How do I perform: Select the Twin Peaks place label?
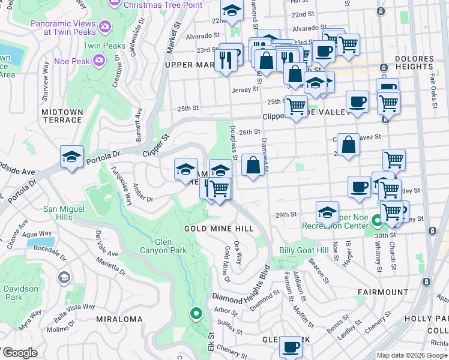(104, 46)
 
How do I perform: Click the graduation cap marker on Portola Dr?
(71, 158)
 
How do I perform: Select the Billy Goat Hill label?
(304, 250)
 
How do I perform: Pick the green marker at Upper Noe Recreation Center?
(376, 221)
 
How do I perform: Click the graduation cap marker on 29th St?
(328, 211)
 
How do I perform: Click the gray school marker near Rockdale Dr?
(63, 277)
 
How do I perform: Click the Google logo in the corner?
(19, 352)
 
